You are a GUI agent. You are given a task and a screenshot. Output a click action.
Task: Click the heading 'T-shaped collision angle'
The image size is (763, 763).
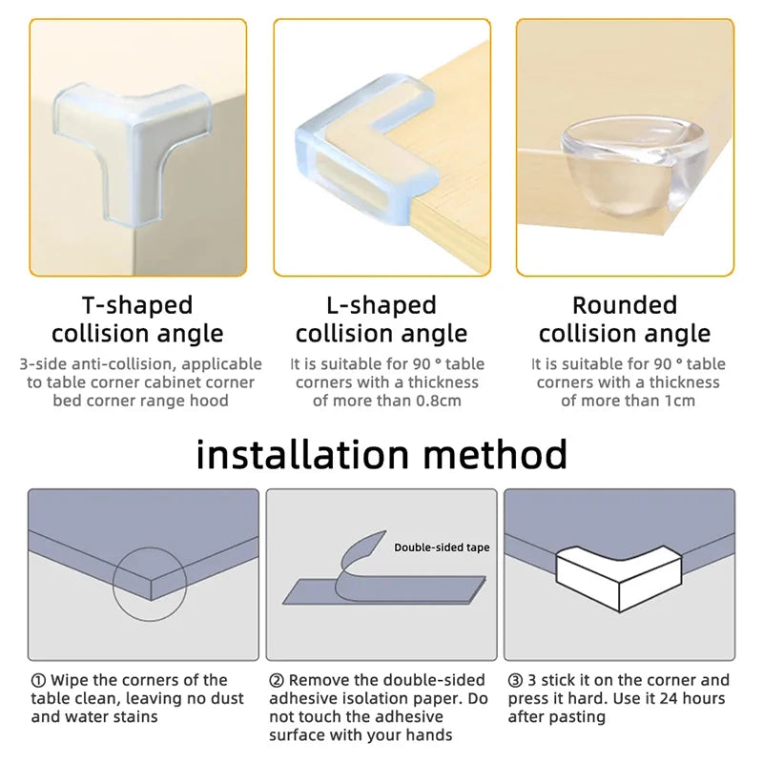coord(137,320)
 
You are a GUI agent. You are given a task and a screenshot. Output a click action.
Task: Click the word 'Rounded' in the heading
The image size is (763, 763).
coord(625,305)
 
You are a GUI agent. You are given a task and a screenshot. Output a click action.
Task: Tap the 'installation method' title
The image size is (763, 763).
coord(381,454)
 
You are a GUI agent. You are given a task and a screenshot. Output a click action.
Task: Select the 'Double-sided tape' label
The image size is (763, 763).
coord(442,547)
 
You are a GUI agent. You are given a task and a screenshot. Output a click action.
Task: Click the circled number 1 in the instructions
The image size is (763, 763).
coord(38,680)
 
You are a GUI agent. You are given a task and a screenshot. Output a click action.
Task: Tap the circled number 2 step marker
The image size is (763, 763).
coord(277,680)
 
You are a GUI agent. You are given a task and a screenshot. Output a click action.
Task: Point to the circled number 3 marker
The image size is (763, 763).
coord(515,680)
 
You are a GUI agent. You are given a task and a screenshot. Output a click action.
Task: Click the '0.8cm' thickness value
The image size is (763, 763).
coord(437,401)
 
